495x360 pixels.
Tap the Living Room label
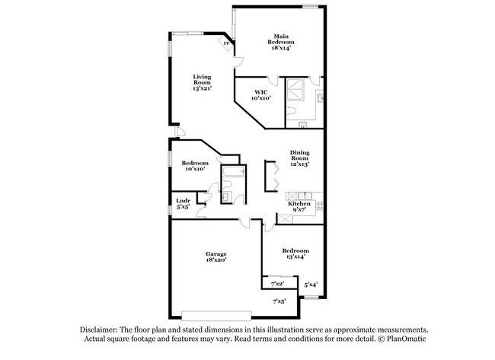coord(202,83)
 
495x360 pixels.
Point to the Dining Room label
coord(299,158)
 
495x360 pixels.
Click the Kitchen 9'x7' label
coord(298,207)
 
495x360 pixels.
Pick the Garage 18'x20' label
coord(216,256)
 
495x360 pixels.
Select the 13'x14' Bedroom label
coord(295,253)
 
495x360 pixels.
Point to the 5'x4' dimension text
coord(311,285)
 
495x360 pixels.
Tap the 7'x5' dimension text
coord(279,301)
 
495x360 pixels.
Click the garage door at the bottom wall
coord(216,314)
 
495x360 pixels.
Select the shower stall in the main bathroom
coord(295,91)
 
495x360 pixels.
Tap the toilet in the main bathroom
coord(292,112)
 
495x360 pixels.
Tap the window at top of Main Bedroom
coord(311,7)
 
